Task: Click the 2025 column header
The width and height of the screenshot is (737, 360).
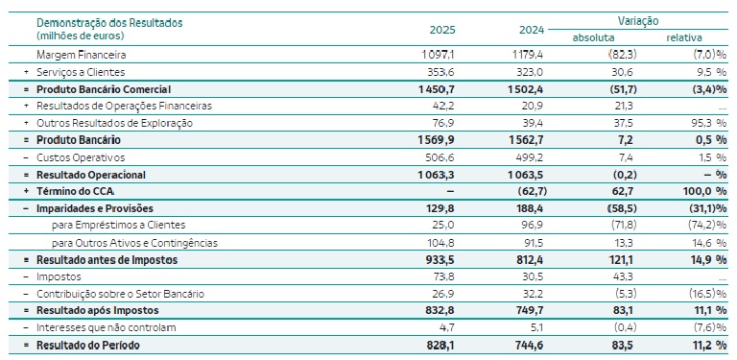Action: pyautogui.click(x=442, y=30)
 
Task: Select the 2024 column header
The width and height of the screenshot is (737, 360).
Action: pyautogui.click(x=531, y=30)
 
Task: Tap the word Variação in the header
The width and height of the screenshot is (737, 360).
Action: pyautogui.click(x=638, y=21)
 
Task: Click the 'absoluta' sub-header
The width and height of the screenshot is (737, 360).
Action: pyautogui.click(x=593, y=37)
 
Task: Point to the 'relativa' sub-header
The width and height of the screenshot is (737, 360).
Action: pyautogui.click(x=684, y=37)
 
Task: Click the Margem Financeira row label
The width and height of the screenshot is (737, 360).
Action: pyautogui.click(x=82, y=55)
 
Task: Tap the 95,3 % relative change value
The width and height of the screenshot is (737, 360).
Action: pyautogui.click(x=709, y=123)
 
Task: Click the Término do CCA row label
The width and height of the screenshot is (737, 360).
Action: pyautogui.click(x=75, y=191)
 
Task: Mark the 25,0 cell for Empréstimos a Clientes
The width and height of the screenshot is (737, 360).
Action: pyautogui.click(x=443, y=225)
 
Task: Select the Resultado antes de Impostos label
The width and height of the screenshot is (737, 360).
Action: pyautogui.click(x=107, y=259)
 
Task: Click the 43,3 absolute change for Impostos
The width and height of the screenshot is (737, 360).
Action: pyautogui.click(x=626, y=276)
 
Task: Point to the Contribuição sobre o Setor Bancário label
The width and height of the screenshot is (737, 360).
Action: pyautogui.click(x=120, y=294)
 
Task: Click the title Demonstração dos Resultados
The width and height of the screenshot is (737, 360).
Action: pyautogui.click(x=109, y=22)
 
